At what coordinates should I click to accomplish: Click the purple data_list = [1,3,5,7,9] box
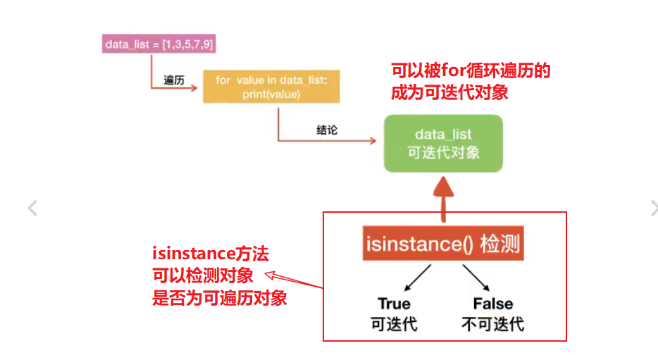159,44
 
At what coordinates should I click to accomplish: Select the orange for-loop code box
271,87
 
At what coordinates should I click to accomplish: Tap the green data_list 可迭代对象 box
443,143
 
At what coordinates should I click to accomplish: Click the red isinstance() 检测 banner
443,244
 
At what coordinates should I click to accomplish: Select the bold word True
394,304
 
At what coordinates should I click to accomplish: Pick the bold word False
493,304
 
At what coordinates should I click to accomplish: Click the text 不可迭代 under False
493,325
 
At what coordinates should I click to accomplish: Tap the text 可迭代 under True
394,325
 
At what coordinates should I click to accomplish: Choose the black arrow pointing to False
477,278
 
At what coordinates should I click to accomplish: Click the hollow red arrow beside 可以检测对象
283,279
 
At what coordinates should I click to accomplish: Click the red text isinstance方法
210,254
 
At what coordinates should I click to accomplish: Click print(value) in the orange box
271,94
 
